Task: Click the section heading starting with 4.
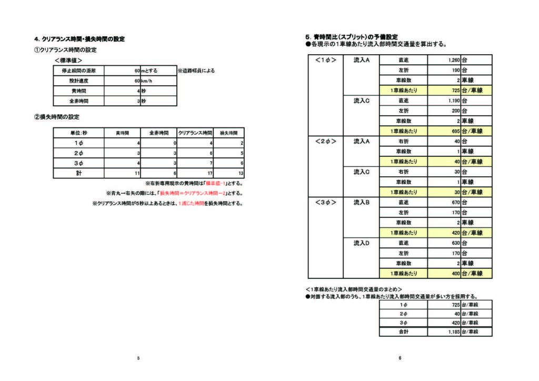coord(79,39)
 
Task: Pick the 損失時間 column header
coord(228,133)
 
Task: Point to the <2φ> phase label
coord(325,141)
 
